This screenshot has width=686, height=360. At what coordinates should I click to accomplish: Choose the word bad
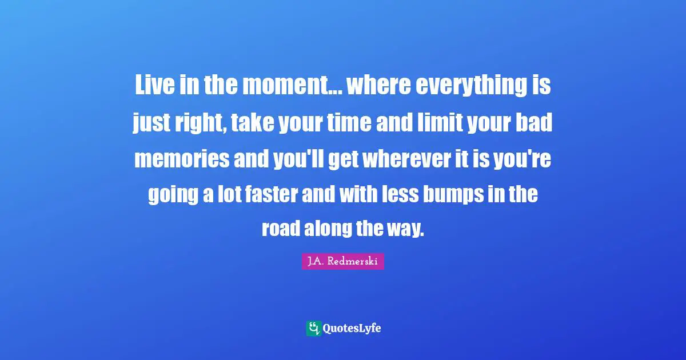535,122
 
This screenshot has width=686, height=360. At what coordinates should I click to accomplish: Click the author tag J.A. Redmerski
343,261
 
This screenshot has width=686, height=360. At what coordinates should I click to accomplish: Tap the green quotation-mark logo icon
313,328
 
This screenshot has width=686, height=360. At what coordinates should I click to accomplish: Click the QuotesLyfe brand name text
352,329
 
